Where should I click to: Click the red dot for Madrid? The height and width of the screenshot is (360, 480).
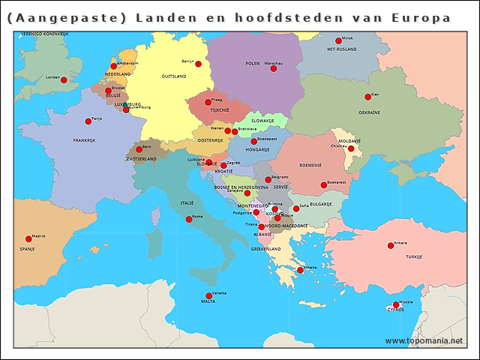[29, 239]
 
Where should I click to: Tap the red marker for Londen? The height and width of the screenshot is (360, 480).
[64, 80]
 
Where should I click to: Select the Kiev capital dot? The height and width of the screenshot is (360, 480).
[368, 97]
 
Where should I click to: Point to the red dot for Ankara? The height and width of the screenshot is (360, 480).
[390, 246]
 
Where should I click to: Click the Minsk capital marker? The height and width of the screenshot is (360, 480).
[338, 41]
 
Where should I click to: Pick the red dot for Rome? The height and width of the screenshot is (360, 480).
[189, 219]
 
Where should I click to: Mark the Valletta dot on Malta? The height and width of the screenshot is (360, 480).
[208, 295]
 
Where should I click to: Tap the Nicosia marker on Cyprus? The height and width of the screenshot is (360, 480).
[396, 304]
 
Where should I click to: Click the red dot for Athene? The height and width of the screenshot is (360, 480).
[300, 270]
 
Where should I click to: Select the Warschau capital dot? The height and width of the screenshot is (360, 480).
[274, 68]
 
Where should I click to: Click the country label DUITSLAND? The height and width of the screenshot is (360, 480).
[174, 76]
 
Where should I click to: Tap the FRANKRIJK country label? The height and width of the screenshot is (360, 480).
[84, 140]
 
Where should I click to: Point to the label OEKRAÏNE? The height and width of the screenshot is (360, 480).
[369, 112]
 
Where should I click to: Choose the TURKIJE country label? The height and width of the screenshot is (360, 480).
[414, 256]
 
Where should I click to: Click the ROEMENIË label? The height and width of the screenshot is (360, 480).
[310, 165]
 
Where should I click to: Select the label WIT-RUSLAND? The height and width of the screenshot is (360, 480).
[341, 49]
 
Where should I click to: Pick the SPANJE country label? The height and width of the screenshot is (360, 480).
[27, 248]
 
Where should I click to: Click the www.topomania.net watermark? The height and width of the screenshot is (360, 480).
[424, 341]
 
